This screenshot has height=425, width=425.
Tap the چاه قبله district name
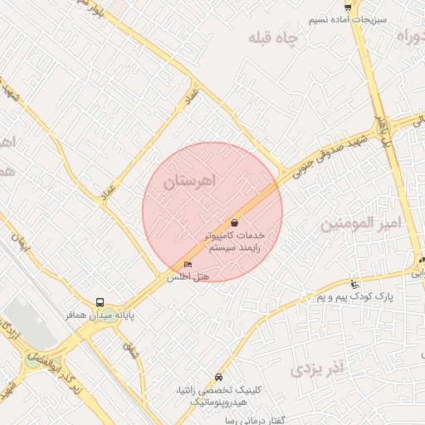(272, 39)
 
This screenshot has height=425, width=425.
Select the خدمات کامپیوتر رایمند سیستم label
(237, 242)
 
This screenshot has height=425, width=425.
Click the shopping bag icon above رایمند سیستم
(236, 222)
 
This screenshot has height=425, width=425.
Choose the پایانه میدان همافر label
(100, 315)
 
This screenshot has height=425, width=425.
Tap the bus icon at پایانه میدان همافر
(100, 303)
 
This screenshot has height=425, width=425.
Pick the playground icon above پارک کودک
(355, 284)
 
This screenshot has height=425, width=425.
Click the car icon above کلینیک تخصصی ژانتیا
(217, 376)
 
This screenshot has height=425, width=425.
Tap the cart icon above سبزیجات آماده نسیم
(347, 7)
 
